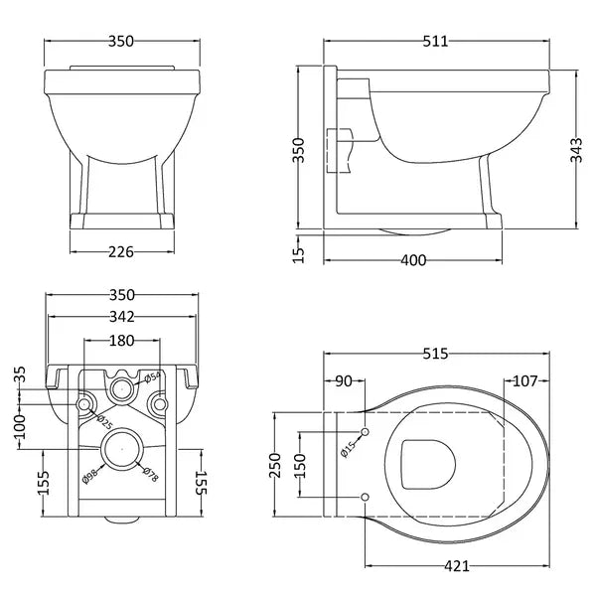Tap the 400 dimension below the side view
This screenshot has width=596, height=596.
(x=413, y=260)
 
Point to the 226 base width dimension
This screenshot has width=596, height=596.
(x=120, y=252)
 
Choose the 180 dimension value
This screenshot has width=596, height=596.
(x=120, y=340)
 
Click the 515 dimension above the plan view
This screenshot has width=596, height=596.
(x=436, y=354)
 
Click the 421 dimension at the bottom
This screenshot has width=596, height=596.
(x=455, y=567)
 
